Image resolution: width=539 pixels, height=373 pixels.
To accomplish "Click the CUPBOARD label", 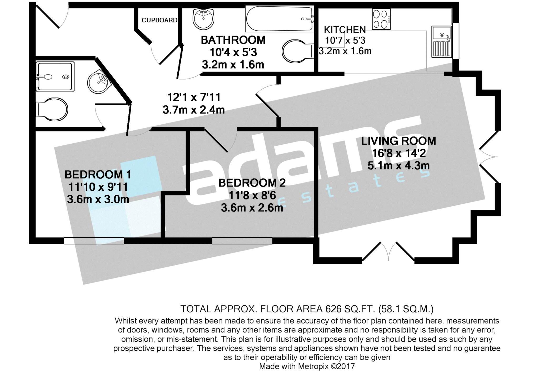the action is pyautogui.click(x=159, y=20).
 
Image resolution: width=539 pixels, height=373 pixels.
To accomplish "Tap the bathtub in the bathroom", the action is pyautogui.click(x=280, y=19).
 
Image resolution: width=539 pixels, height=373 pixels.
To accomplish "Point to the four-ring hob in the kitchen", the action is pyautogui.click(x=381, y=19).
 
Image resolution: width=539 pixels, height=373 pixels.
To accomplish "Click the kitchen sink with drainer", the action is pyautogui.click(x=442, y=42).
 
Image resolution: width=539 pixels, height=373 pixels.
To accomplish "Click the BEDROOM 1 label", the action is pyautogui.click(x=98, y=175).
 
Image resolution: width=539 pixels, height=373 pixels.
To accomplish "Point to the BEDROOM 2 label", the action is pyautogui.click(x=252, y=183).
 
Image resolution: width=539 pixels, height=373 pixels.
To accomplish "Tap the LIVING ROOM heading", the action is pyautogui.click(x=398, y=141).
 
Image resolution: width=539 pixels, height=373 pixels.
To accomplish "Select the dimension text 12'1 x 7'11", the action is pyautogui.click(x=194, y=97).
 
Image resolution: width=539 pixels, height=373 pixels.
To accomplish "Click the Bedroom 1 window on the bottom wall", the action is pyautogui.click(x=94, y=241).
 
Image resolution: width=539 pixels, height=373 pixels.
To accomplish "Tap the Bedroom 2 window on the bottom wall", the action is pyautogui.click(x=242, y=241).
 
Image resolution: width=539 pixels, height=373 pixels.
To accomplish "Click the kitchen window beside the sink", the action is pyautogui.click(x=456, y=41).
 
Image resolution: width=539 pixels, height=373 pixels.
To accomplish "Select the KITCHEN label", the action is pyautogui.click(x=345, y=30).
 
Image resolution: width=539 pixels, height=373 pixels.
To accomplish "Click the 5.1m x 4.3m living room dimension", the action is pyautogui.click(x=398, y=166).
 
